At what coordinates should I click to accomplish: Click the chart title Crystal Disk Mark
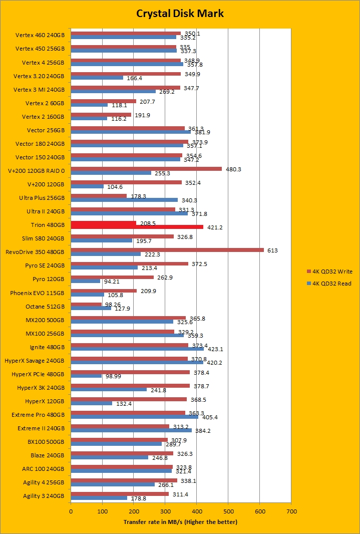click(180, 14)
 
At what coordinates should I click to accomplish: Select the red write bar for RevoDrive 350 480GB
click(167, 249)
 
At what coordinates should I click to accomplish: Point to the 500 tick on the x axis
click(228, 511)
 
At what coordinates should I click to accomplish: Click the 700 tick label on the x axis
click(291, 511)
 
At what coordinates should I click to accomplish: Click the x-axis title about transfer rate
click(180, 522)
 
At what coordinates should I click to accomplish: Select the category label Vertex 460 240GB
click(40, 35)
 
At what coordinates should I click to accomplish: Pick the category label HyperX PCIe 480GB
click(38, 374)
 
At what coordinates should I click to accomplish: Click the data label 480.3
click(234, 169)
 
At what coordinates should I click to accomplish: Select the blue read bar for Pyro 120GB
click(85, 281)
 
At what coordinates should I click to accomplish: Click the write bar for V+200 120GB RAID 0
click(146, 169)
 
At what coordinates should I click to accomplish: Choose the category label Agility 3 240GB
click(44, 496)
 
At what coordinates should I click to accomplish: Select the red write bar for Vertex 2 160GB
click(101, 115)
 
